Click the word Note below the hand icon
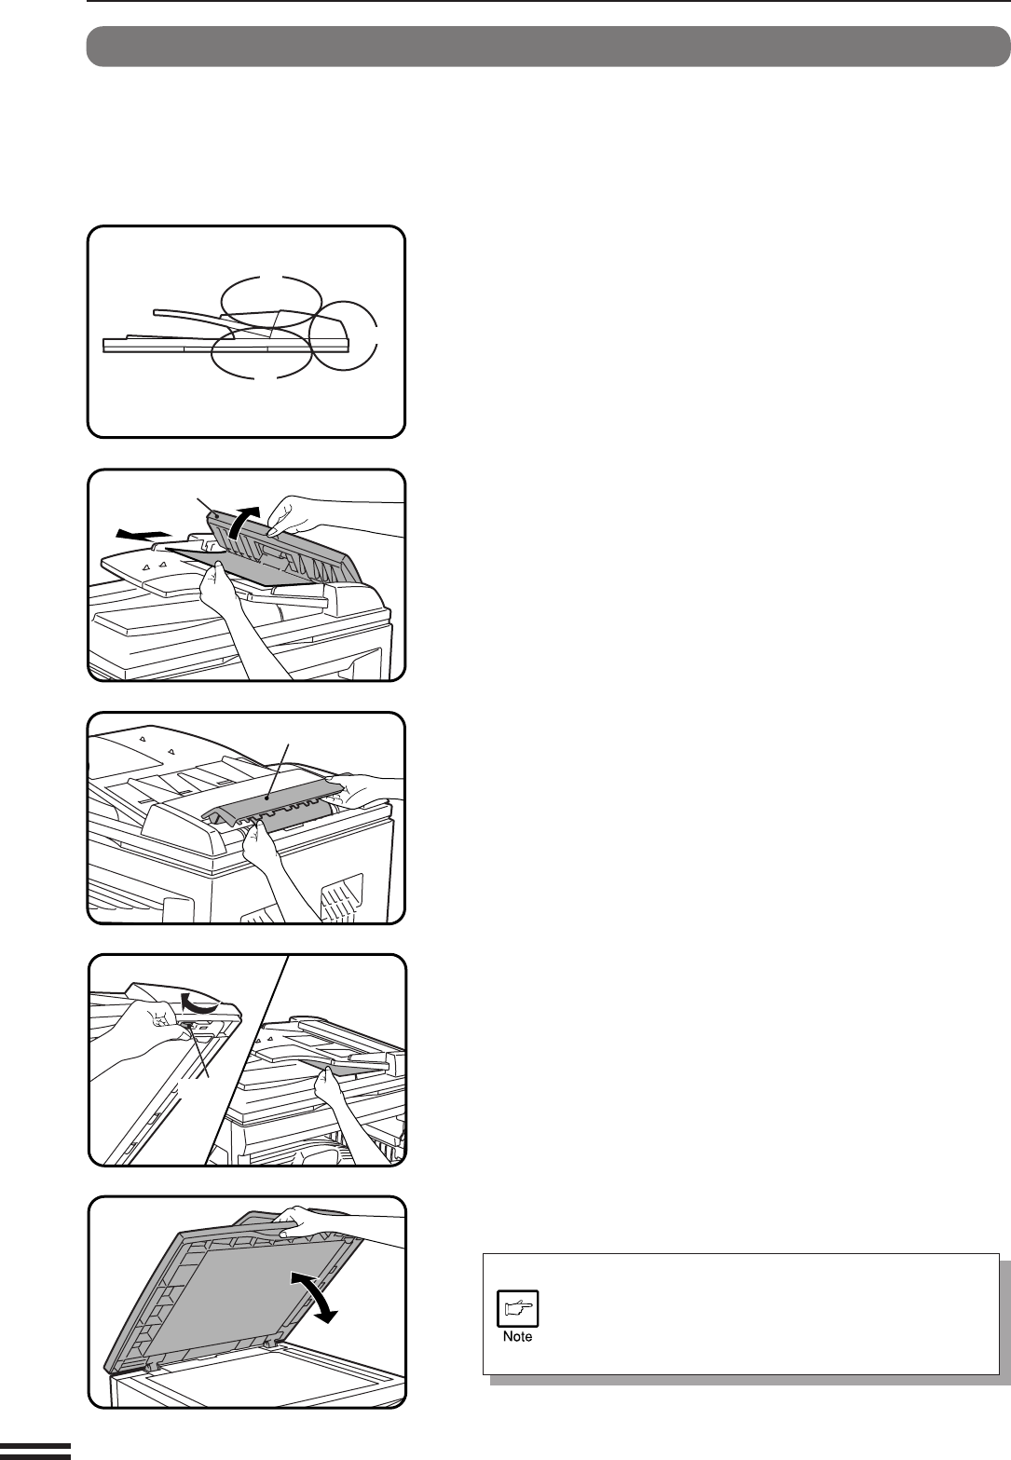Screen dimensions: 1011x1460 point(517,1336)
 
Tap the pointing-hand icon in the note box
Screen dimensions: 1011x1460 point(518,1307)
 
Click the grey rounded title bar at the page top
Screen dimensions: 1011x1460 point(548,47)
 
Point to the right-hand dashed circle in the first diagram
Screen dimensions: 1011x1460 point(376,335)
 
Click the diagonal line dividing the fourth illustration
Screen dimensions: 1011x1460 point(246,1059)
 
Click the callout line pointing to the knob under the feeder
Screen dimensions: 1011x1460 point(198,1052)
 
